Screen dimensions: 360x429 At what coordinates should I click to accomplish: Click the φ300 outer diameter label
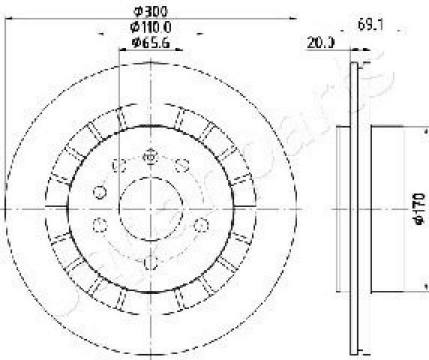[150, 10]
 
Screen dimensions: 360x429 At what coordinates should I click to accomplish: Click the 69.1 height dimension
[368, 25]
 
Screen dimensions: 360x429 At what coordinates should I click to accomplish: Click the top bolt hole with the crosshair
[150, 157]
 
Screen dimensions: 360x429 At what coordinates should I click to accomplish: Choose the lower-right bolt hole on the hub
[201, 224]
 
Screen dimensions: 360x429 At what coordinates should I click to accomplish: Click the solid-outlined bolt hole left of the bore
[99, 192]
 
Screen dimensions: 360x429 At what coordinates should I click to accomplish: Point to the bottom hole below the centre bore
[151, 262]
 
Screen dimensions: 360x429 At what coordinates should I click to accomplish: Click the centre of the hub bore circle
[150, 208]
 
